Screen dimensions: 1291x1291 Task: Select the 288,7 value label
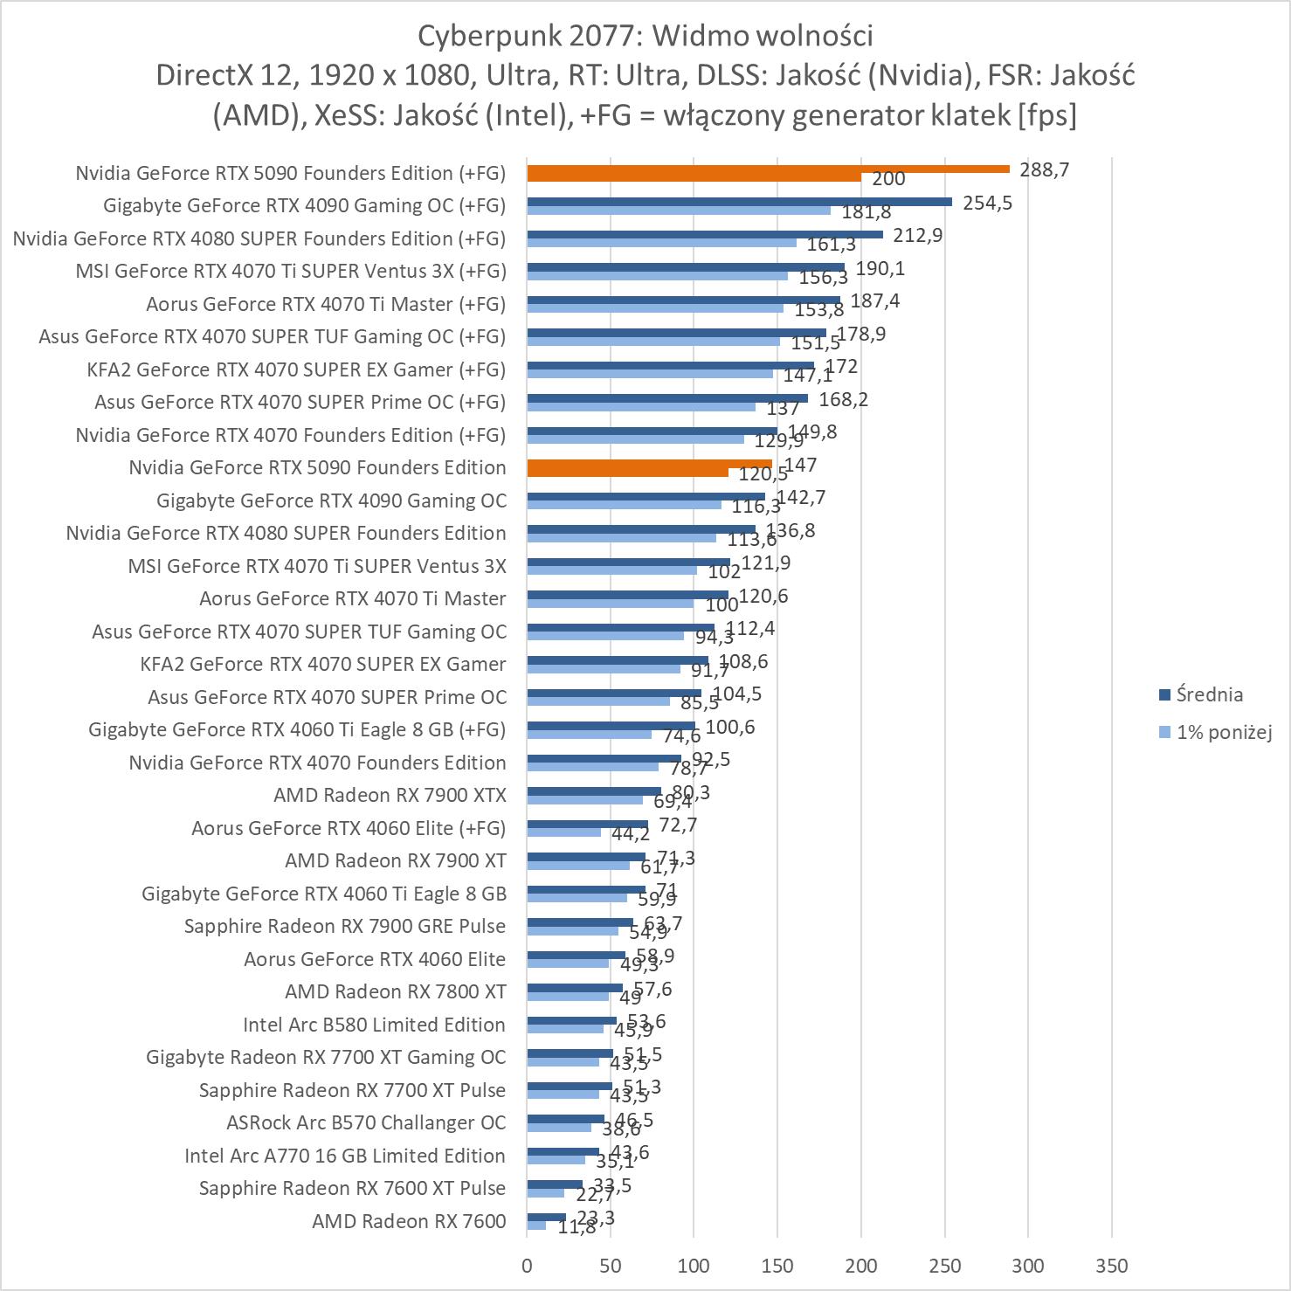1044,169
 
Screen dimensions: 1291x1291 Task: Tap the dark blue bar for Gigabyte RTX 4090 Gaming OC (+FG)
739,202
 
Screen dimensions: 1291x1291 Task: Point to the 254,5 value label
987,203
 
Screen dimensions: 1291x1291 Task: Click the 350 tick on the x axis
1111,1266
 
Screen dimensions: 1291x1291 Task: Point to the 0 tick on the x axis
527,1266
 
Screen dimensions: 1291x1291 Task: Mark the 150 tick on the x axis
777,1266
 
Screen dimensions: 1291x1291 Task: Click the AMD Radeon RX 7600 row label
409,1221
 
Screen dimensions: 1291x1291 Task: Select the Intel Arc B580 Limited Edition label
374,1025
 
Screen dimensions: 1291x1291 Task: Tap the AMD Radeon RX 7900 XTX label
390,795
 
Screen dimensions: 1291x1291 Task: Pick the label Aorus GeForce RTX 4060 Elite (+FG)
349,828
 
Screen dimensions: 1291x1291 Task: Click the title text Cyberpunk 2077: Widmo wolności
645,36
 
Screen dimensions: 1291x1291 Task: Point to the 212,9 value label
917,235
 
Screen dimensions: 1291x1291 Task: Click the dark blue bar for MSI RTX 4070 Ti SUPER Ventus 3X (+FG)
686,267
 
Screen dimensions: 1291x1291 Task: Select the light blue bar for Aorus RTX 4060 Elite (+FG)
563,832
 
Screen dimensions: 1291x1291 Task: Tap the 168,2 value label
843,399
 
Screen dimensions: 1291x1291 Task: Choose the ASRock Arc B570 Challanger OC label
366,1122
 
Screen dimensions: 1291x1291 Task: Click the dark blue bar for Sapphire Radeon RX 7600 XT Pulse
555,1184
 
